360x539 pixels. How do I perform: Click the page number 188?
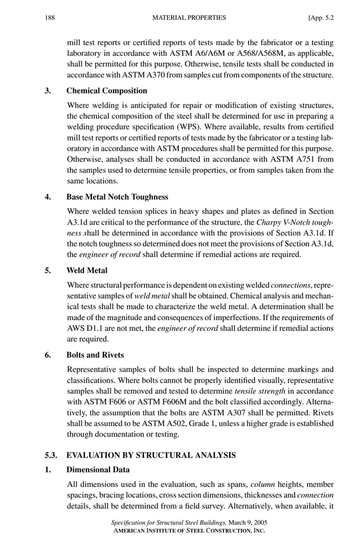49,17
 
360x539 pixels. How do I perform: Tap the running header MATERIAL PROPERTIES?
190,17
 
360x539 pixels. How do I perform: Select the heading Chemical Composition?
107,90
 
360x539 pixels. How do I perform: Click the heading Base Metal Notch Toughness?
117,197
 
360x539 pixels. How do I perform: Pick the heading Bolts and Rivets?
95,355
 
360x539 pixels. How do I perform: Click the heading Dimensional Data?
98,470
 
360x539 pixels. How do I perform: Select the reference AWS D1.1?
85,327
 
